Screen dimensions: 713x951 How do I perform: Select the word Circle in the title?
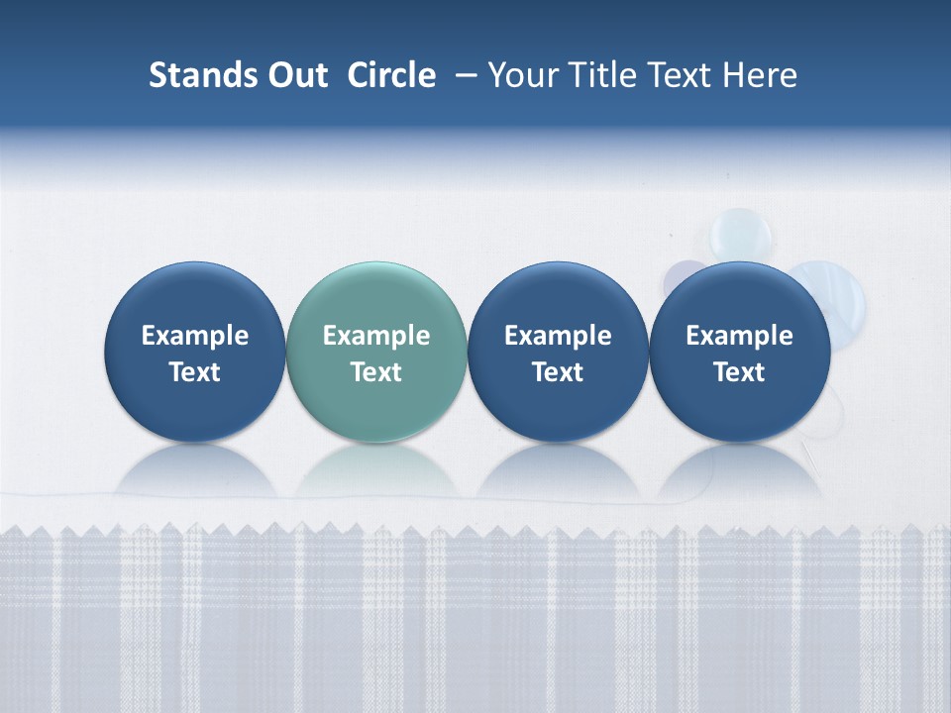click(391, 75)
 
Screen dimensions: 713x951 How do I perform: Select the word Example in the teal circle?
click(376, 336)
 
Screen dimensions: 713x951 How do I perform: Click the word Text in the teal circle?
click(376, 372)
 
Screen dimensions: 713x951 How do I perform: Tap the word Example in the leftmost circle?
click(195, 336)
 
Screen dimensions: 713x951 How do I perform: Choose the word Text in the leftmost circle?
click(195, 372)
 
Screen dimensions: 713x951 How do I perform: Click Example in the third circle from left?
click(558, 336)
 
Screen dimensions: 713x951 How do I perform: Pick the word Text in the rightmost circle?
click(739, 372)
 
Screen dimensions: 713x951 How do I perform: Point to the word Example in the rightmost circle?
click(739, 336)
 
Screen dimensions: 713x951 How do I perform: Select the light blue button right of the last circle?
click(842, 297)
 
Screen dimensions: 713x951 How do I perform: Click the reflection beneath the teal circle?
click(376, 470)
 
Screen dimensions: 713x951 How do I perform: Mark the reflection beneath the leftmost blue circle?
click(195, 470)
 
